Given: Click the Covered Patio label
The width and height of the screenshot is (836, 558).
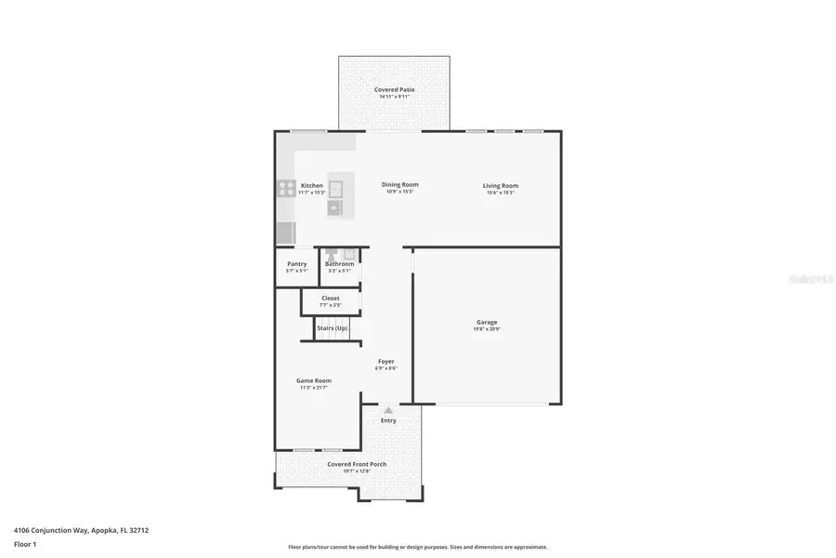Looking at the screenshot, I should pos(394,89).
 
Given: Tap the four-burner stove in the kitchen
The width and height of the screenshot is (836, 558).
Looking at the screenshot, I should pos(285,189).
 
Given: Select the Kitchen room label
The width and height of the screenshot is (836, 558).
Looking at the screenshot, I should pos(312,186).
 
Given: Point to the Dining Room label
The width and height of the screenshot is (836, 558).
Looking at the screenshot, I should pos(399,184).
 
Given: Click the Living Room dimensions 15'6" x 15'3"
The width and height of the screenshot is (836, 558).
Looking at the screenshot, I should pos(500,193).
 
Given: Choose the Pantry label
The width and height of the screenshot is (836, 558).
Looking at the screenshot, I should pos(296,264).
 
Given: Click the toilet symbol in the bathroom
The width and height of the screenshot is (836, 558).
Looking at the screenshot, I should pos(330,255).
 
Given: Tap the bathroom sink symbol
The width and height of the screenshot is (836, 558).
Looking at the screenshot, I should pos(349,254).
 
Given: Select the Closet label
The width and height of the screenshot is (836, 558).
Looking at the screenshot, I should pos(331,299).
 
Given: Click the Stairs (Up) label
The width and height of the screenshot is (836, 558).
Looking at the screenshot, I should pos(333,328).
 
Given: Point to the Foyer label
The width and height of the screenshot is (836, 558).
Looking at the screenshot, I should pos(385,361).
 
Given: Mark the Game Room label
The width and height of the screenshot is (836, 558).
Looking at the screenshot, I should pos(313,380).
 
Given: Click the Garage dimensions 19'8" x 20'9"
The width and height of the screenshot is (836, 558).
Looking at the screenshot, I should pos(487,329).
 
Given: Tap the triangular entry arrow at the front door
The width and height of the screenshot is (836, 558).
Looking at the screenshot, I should pos(388,410).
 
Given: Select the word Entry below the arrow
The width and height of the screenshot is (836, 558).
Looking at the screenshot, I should pos(388,420).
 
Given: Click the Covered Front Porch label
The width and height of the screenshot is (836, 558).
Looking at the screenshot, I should pos(357,464).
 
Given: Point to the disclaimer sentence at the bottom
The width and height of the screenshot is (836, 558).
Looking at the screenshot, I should pos(417,547).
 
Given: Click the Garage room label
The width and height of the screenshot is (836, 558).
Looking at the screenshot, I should pos(487,322).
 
